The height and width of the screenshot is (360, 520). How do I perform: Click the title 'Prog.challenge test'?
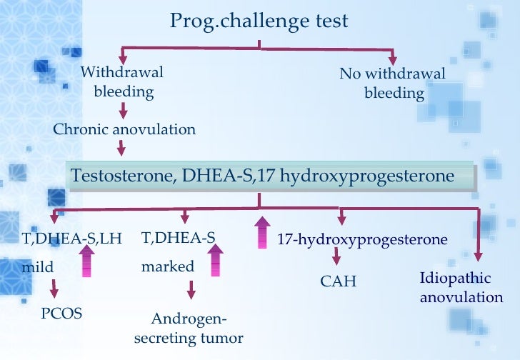click(259, 21)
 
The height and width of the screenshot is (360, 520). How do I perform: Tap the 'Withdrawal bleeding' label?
click(122, 82)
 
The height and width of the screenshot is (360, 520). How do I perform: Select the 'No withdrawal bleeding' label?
click(392, 84)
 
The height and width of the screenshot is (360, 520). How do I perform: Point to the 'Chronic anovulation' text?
click(124, 129)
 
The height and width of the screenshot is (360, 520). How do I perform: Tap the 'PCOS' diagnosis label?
click(62, 313)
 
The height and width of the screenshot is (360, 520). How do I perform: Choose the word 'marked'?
click(167, 267)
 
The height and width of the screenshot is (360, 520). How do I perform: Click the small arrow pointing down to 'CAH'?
click(335, 258)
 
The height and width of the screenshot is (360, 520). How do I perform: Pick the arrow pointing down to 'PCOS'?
click(54, 289)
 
